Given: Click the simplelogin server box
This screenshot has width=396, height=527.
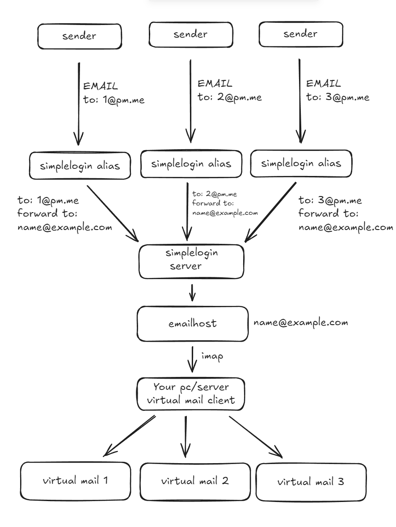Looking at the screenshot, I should [192, 260].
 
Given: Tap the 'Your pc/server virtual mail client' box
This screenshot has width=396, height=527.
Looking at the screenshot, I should [191, 393].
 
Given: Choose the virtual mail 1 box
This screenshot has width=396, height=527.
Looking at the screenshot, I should [75, 481].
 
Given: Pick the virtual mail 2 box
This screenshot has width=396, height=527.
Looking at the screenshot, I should [195, 481].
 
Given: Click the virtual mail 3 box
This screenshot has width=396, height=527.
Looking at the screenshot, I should [311, 482].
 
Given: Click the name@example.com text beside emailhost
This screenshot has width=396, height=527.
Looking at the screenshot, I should [300, 322].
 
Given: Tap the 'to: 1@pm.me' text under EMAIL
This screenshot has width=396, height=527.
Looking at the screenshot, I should [114, 100].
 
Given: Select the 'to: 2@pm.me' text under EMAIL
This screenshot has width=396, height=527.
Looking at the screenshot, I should [229, 97].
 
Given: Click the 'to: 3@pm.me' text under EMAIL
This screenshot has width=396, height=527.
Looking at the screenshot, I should [338, 97].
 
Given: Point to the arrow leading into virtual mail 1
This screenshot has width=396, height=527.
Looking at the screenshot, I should [130, 436].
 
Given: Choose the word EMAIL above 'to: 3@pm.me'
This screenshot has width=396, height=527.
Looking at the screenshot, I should [323, 84].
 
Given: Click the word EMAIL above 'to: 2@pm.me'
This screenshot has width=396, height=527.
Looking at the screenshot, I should [215, 84].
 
